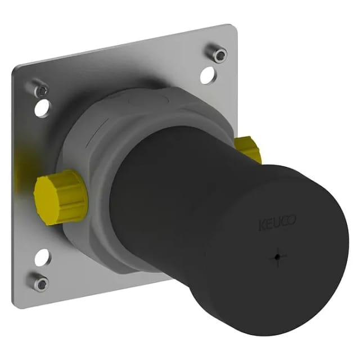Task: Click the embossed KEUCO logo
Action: [277, 223]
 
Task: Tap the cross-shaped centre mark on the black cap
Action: [278, 257]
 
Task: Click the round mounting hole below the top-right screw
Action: [208, 75]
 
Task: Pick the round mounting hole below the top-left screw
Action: [42, 107]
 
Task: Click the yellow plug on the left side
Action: [60, 197]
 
